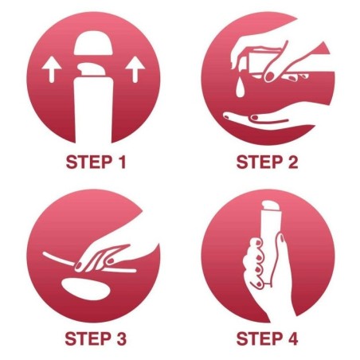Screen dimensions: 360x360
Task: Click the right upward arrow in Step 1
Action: (x=135, y=68)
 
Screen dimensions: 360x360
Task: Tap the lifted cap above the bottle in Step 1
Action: (x=93, y=43)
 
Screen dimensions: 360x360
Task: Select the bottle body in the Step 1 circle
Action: (x=93, y=109)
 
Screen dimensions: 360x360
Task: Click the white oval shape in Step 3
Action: (x=85, y=289)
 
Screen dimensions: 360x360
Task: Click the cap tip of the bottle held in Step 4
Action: (x=271, y=205)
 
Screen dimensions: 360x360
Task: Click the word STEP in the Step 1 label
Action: (x=89, y=162)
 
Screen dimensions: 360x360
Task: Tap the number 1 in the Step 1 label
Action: (x=122, y=162)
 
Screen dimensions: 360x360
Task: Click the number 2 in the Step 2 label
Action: (x=292, y=162)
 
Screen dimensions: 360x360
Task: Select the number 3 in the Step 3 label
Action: (x=121, y=338)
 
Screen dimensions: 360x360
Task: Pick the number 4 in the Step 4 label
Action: (x=292, y=338)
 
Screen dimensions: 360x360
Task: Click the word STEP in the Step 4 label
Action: (x=260, y=338)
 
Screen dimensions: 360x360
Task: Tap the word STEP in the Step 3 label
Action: (x=88, y=338)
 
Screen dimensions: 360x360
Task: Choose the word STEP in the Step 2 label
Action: (x=260, y=162)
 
